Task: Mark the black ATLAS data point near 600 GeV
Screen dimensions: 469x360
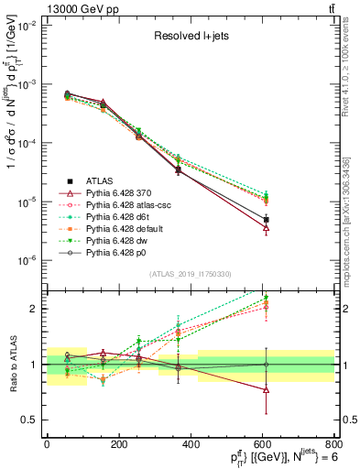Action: point(266,220)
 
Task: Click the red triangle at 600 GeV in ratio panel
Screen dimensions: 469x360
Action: point(266,389)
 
